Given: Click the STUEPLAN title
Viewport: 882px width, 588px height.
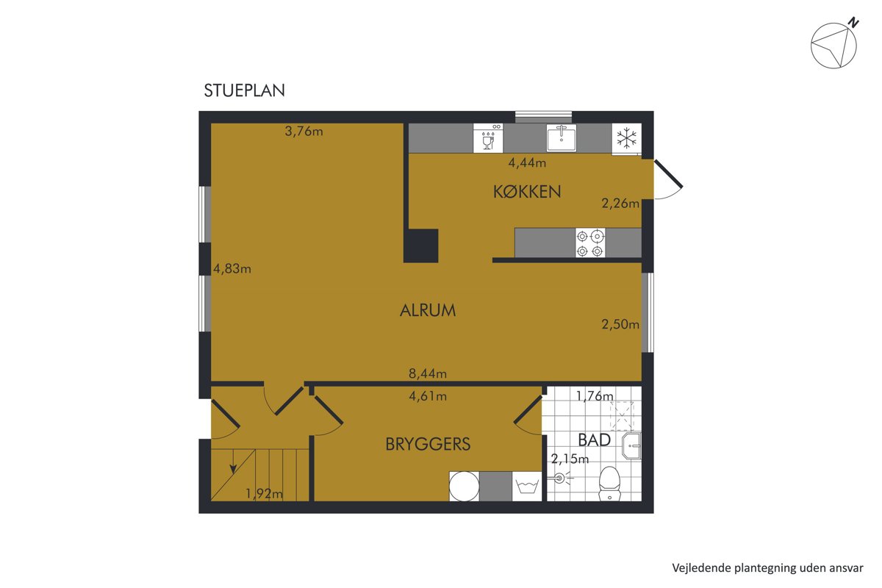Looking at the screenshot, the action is click(x=244, y=90).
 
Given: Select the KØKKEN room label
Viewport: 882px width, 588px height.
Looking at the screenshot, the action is click(x=527, y=192).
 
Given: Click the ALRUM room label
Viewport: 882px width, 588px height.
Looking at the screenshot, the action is click(x=428, y=310).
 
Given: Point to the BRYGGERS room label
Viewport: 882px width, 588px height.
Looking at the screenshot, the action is click(x=428, y=444).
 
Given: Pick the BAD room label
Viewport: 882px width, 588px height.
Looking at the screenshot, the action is click(x=594, y=440).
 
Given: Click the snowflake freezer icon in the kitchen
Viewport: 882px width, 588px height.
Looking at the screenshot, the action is click(x=626, y=139).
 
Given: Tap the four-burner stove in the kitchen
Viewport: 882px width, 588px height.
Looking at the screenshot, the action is click(x=589, y=243).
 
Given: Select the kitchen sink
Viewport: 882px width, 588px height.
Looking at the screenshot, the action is click(x=561, y=137).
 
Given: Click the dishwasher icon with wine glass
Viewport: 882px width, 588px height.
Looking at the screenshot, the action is click(x=488, y=138).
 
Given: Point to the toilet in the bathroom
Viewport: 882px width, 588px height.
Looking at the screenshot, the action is click(x=609, y=484).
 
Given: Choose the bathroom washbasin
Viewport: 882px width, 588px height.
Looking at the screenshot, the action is click(x=631, y=446).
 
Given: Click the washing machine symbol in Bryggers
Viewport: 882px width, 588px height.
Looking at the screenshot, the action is click(x=527, y=487).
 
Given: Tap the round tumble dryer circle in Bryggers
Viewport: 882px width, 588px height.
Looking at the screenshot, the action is click(x=465, y=487).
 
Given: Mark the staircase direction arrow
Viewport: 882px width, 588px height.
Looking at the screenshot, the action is click(x=233, y=461).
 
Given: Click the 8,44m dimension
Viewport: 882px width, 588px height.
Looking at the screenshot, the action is click(x=428, y=373).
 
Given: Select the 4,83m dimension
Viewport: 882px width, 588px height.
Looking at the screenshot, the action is click(x=232, y=268).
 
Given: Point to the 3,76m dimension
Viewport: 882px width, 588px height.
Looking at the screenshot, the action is click(x=304, y=131).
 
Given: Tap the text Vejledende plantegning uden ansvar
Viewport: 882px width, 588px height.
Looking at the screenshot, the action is click(x=767, y=568).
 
